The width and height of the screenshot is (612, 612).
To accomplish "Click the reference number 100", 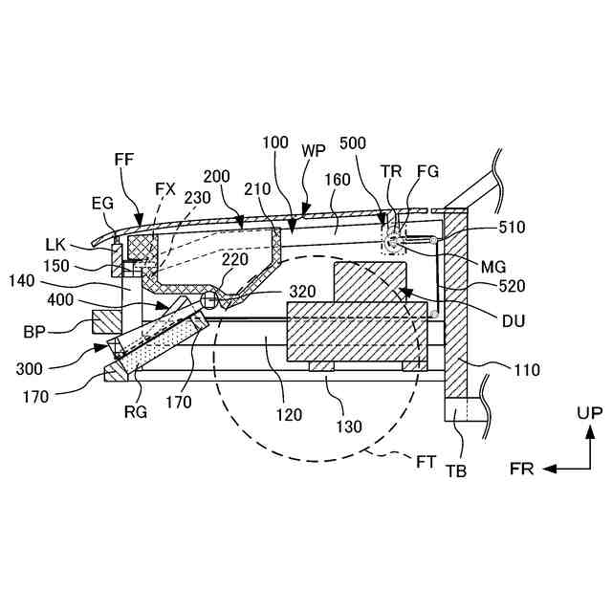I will pos(274,142).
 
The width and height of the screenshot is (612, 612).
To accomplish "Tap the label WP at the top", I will pos(314,151).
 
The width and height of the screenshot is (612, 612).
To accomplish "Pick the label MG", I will pos(494,266).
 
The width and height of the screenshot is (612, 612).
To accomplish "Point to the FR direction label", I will pos(520,470).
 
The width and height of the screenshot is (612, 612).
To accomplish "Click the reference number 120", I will pos(289,415).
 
